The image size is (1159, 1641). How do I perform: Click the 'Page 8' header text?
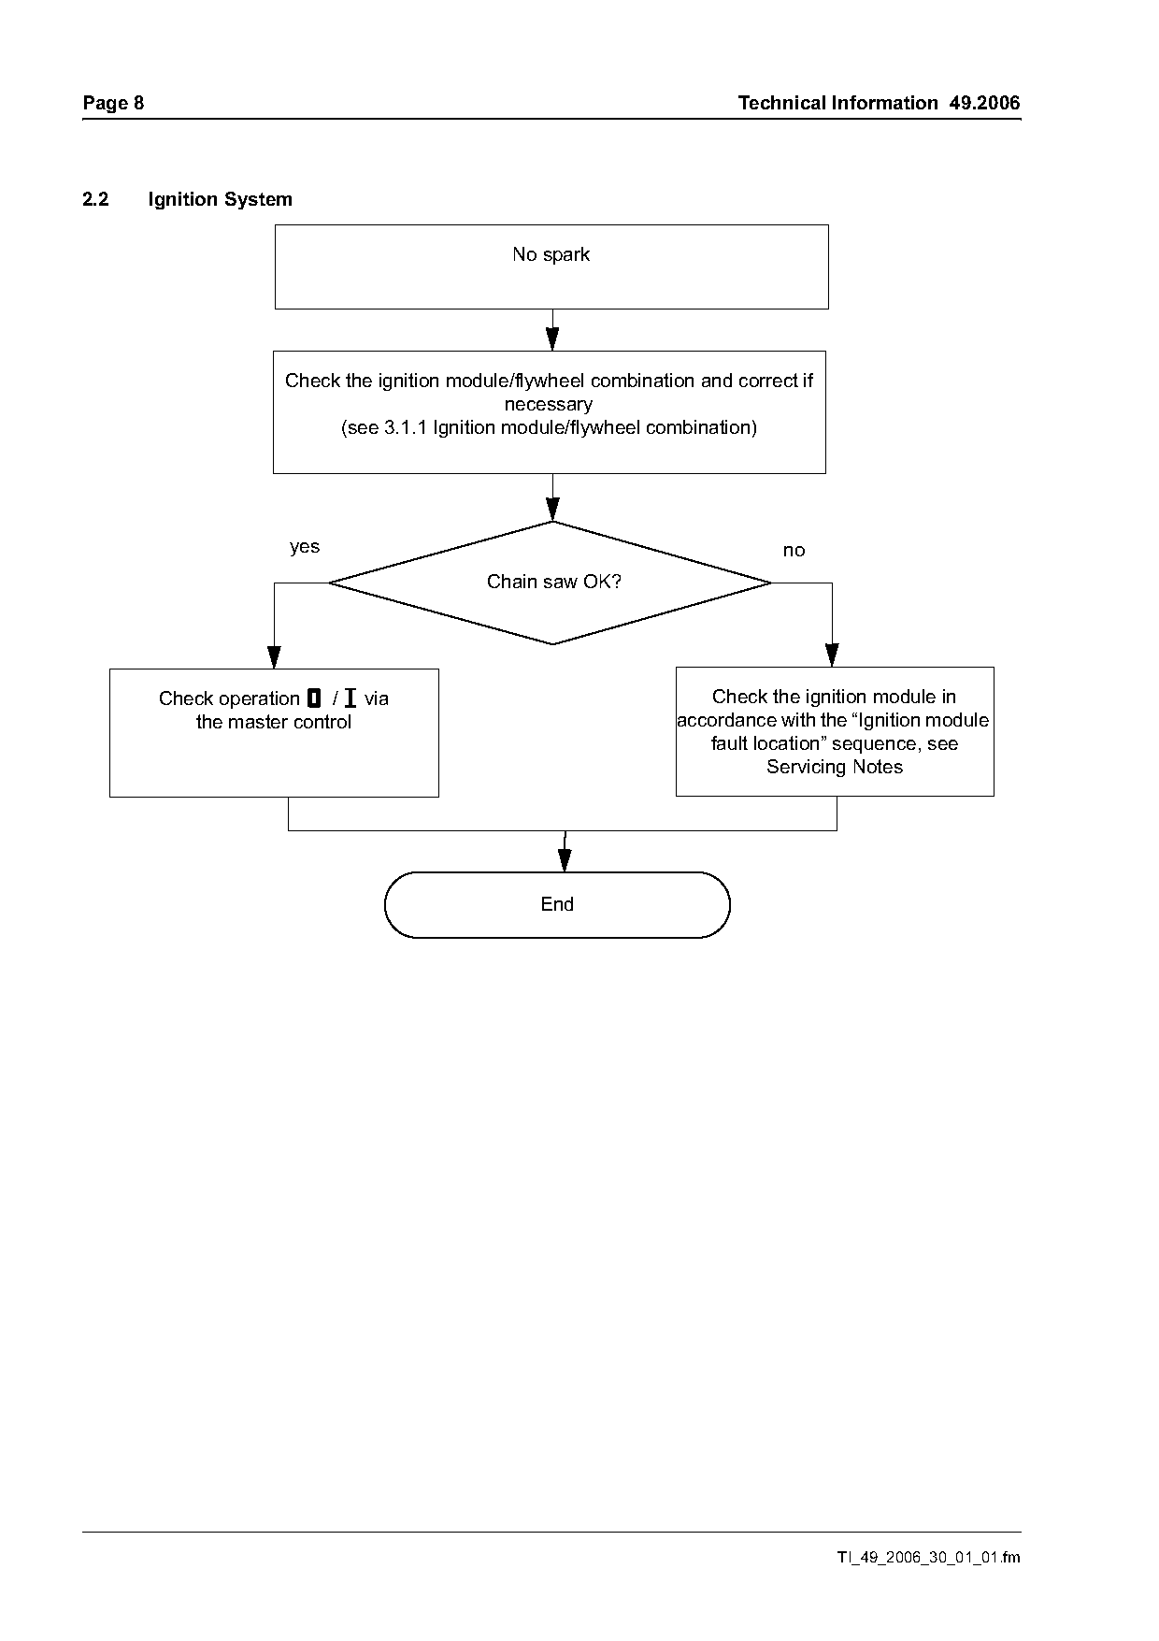(x=113, y=103)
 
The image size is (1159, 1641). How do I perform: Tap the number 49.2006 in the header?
(x=985, y=103)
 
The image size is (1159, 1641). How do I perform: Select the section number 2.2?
(x=95, y=199)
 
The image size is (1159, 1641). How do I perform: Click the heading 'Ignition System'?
(x=220, y=199)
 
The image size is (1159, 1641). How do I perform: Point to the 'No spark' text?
(x=551, y=254)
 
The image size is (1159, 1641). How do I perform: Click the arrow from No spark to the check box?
(x=552, y=330)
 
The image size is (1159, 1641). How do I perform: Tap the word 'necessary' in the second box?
(x=549, y=405)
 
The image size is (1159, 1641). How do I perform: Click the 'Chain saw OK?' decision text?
(x=553, y=582)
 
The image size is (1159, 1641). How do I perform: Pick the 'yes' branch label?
(x=305, y=547)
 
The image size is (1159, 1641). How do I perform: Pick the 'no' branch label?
(x=794, y=551)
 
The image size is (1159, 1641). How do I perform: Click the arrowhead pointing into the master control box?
(x=274, y=657)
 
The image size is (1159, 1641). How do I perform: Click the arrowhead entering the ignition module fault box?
(x=832, y=655)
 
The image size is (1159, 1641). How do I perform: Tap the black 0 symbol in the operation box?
(x=314, y=698)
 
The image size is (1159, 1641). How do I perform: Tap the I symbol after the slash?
(x=350, y=698)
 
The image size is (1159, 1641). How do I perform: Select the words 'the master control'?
(x=274, y=722)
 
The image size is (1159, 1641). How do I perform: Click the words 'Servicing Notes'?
(x=835, y=768)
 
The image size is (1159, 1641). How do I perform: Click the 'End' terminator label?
(x=557, y=904)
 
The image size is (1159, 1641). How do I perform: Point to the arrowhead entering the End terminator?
(x=565, y=860)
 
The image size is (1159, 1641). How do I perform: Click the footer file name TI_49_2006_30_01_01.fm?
(x=928, y=1558)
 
